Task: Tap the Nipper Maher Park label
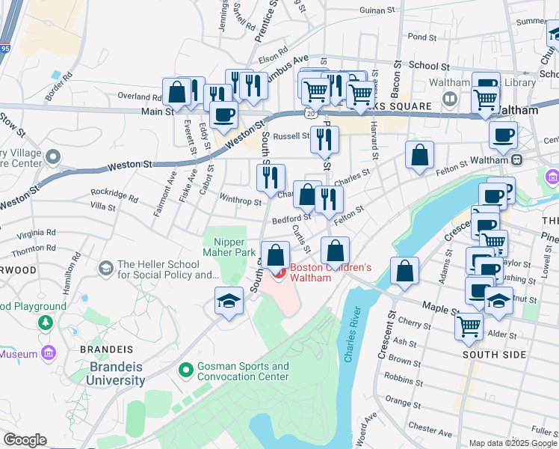(x=230, y=247)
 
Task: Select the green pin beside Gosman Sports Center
(x=186, y=370)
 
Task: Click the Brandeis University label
(x=117, y=373)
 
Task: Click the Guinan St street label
(x=377, y=10)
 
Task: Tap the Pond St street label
(x=422, y=36)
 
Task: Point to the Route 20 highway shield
(x=309, y=112)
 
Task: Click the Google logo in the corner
(x=25, y=440)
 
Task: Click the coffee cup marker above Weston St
(x=223, y=114)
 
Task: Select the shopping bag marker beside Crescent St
(x=404, y=272)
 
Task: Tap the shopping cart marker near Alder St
(x=469, y=326)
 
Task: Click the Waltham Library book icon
(x=451, y=99)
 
